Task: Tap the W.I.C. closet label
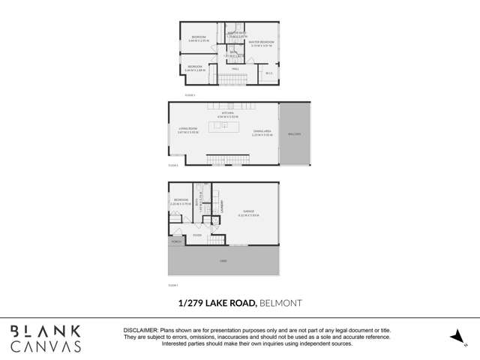268,73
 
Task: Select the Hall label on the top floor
235,68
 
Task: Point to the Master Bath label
235,33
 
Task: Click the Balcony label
294,133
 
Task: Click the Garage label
249,211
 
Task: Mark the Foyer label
197,235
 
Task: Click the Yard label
223,260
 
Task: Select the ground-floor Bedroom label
181,200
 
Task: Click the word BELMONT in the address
280,303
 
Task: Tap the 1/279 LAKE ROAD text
217,303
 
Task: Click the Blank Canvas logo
45,338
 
